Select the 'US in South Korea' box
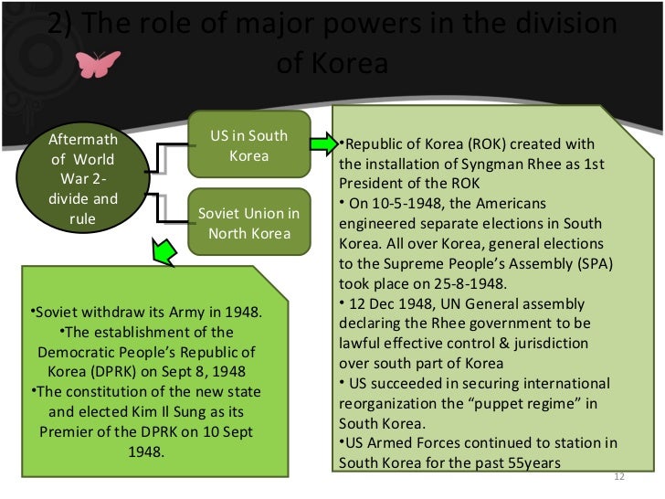[248, 145]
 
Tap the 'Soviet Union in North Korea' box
[248, 224]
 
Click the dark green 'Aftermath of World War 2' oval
[82, 180]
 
